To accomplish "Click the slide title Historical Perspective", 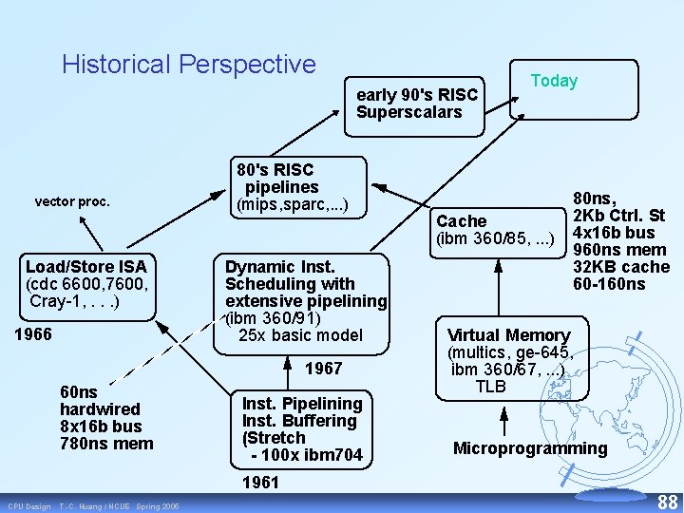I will point(188,65).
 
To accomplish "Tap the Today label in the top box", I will point(554,82).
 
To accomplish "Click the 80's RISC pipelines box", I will point(298,187).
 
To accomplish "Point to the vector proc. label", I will point(72,201).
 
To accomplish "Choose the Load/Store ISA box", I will point(85,283).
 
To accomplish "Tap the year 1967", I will point(324,368).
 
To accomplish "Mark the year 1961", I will point(260,483).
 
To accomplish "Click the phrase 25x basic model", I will point(300,335).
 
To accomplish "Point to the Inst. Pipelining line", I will point(301,403).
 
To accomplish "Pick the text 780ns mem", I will point(105,443).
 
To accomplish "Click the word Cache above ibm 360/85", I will point(461,221).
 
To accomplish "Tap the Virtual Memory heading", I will point(508,335).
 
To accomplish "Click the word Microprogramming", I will point(529,448).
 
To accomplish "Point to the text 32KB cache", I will point(621,267).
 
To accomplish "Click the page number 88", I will point(667,501).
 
